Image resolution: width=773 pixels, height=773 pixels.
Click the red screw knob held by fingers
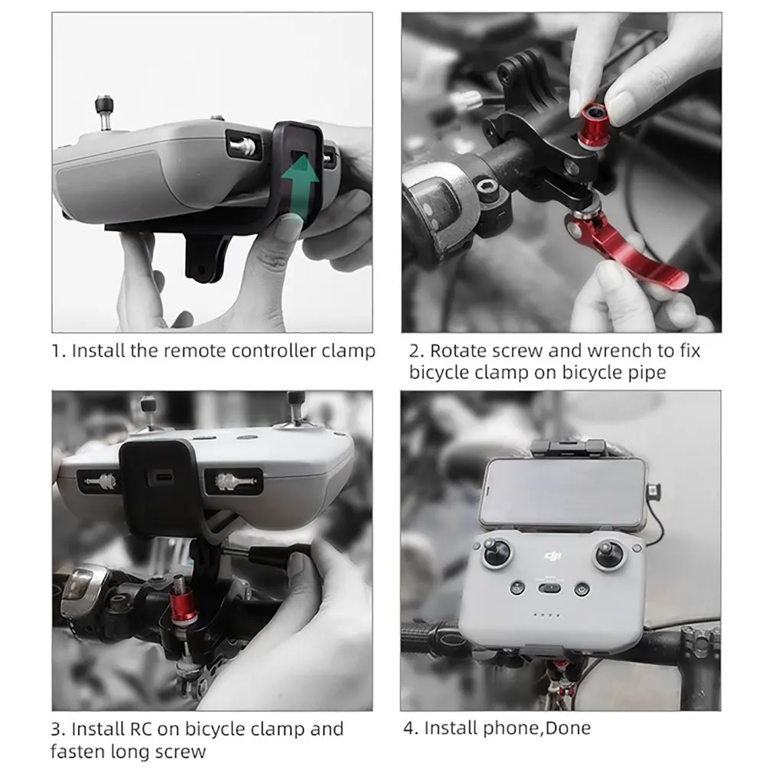593,126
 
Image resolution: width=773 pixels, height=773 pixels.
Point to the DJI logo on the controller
553,556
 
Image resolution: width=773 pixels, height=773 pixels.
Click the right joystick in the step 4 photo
610,553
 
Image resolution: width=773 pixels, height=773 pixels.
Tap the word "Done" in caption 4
569,728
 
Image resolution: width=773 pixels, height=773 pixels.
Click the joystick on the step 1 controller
105,112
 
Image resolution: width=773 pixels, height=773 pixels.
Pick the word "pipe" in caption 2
646,373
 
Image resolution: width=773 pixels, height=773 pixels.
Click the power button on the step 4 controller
582,589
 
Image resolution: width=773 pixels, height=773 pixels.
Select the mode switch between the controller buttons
550,588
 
